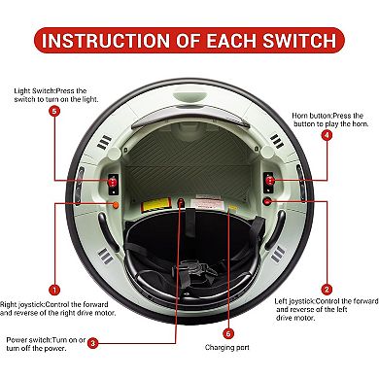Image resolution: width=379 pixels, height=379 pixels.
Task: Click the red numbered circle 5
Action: (x=54, y=112)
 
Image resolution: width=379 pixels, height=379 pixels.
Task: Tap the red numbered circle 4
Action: (x=327, y=135)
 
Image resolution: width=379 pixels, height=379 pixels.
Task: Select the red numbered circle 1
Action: (x=54, y=290)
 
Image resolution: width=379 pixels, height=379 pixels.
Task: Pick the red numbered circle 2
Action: (x=327, y=290)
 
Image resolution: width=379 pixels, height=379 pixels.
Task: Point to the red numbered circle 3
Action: (x=93, y=343)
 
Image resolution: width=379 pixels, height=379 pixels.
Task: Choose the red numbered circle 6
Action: (x=228, y=333)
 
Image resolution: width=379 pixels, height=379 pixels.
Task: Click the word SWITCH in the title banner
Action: (x=299, y=41)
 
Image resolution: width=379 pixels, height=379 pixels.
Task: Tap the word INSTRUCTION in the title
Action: (x=106, y=41)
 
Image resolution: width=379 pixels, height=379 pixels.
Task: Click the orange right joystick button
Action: (x=116, y=205)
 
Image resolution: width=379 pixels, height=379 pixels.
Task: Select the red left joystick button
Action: (x=267, y=202)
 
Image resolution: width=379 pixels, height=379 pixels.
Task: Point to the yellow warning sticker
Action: (x=156, y=205)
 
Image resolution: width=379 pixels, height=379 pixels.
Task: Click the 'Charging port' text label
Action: (x=227, y=348)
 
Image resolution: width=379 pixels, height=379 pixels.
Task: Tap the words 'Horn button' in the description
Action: (x=312, y=116)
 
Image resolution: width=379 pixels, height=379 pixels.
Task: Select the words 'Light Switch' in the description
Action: (x=33, y=91)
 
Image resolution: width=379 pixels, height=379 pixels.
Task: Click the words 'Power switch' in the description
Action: (x=28, y=340)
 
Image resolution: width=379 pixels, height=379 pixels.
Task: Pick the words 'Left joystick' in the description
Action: (x=294, y=301)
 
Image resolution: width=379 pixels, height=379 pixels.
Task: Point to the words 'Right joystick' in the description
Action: (x=21, y=305)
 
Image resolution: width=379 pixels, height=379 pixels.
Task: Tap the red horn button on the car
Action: (x=269, y=181)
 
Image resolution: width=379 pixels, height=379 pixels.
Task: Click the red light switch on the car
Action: (x=113, y=182)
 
